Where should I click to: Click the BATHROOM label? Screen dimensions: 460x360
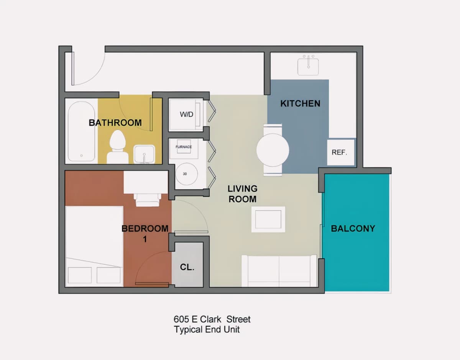115,123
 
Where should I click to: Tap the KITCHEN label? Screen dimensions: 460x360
300,103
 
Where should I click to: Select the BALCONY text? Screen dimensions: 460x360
353,229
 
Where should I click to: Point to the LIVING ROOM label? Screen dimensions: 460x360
242,194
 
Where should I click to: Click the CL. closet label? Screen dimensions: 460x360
187,267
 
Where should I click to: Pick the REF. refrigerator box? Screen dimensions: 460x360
341,152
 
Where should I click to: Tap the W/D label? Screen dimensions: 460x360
187,115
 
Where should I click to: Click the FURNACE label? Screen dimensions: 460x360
184,147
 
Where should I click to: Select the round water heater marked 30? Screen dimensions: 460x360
187,174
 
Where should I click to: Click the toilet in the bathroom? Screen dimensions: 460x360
117,147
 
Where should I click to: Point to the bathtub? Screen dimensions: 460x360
81,131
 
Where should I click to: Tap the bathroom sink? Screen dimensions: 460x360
144,154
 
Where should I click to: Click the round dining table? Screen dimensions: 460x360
273,150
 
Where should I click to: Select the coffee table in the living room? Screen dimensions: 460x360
268,219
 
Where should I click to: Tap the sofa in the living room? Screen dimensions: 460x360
279,271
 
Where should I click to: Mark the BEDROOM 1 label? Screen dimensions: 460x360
145,234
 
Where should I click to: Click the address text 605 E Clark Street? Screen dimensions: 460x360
212,319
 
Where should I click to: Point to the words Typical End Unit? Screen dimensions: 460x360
207,330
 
